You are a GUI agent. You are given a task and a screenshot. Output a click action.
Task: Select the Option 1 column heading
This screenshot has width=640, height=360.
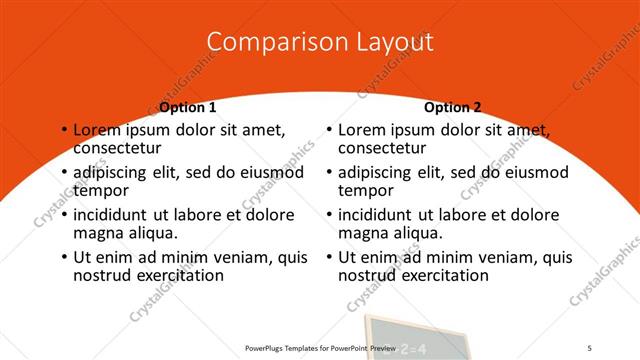pos(188,107)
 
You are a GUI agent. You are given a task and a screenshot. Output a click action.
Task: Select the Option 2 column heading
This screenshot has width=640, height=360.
pos(452,107)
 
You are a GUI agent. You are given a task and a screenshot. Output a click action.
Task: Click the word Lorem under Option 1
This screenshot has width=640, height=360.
pos(99,130)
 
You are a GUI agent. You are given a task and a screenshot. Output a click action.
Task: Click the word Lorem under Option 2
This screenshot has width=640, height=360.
pos(363,130)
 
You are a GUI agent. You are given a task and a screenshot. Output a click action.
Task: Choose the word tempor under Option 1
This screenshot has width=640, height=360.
pos(100,191)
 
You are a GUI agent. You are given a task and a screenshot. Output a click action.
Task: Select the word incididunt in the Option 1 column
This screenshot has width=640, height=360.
pos(115,215)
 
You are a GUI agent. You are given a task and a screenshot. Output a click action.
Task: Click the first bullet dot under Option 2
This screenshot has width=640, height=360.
pos(329,131)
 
